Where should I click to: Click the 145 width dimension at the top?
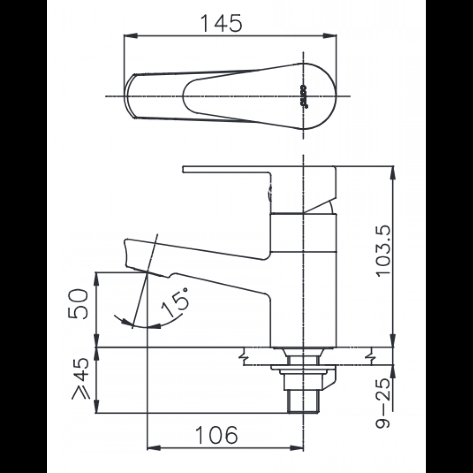[222, 23]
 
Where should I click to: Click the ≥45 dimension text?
[79, 379]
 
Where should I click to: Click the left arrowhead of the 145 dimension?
[128, 36]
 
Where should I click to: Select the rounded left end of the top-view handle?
[130, 96]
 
